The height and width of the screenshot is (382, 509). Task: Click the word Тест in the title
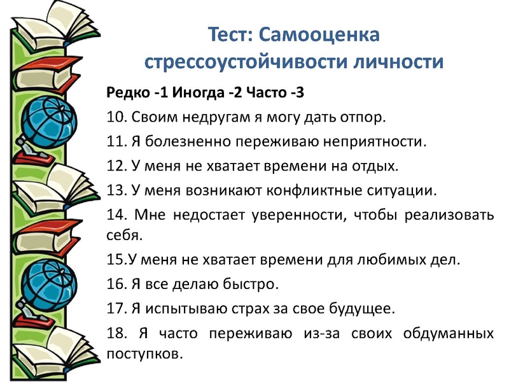click(230, 35)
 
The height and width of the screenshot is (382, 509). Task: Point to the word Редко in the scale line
click(127, 94)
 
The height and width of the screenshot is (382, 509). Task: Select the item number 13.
click(116, 190)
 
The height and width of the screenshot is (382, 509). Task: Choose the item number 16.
click(116, 283)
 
